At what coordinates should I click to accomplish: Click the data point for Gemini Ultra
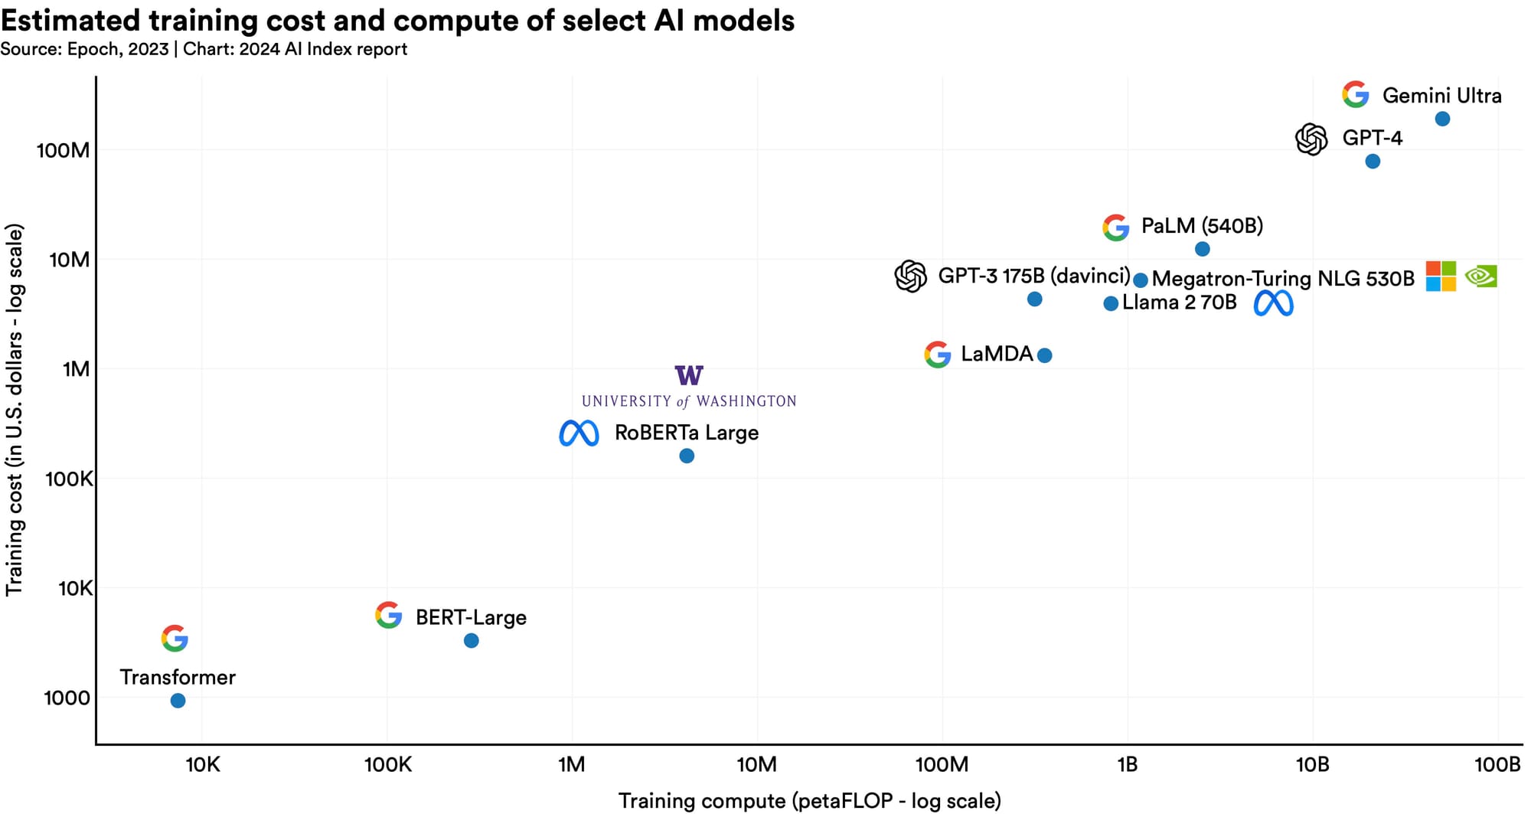click(1442, 119)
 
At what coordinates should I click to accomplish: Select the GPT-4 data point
click(1373, 162)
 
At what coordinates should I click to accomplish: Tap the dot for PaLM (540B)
click(1203, 249)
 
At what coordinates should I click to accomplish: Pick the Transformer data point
click(178, 701)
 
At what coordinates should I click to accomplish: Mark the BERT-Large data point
click(472, 640)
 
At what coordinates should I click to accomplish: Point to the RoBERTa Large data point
click(687, 456)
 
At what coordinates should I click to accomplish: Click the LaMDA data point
click(1044, 355)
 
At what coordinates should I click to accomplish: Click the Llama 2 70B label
click(1180, 302)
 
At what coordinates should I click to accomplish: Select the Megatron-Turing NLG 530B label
click(1283, 279)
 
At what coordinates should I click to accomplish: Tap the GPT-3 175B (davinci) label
click(1034, 276)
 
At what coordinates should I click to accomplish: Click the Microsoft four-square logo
click(1441, 276)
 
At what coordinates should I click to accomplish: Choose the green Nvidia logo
click(1481, 276)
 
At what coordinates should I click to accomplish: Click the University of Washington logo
click(689, 387)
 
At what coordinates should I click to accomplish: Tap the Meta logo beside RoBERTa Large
click(579, 433)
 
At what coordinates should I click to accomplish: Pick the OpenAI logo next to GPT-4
click(1311, 139)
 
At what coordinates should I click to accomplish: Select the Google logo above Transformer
click(175, 639)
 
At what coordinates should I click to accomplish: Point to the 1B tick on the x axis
click(1128, 764)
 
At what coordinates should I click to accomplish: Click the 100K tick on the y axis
click(69, 479)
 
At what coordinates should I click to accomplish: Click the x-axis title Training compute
click(810, 801)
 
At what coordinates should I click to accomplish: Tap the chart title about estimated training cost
click(398, 21)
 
